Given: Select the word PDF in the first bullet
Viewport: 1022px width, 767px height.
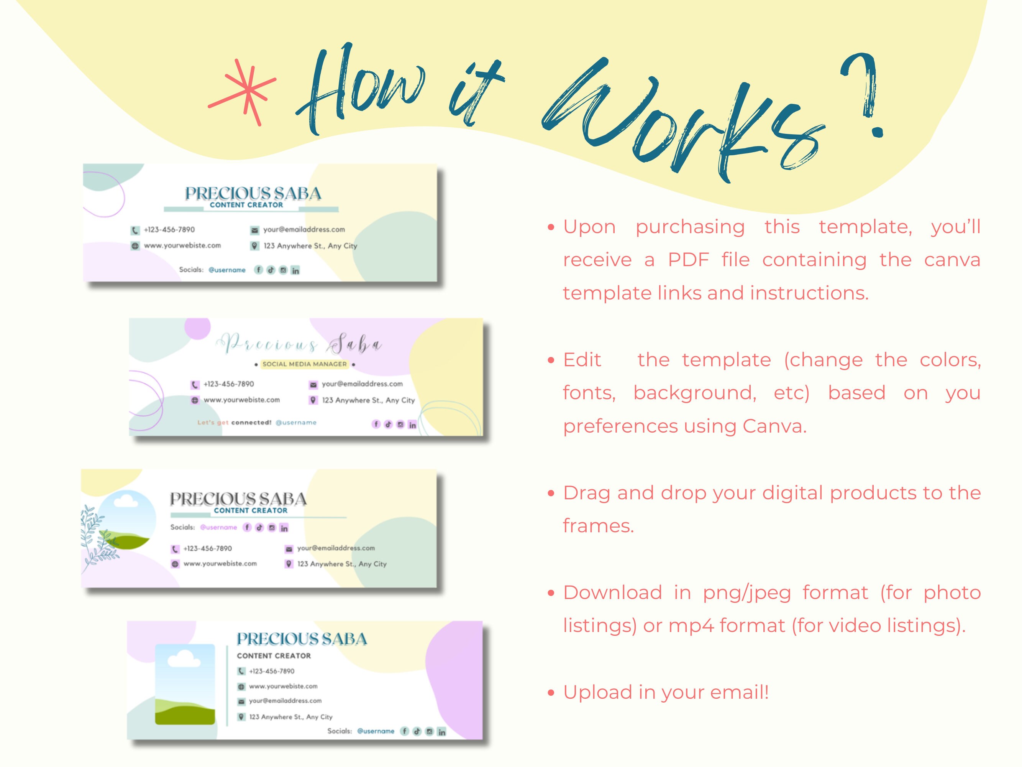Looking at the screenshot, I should [688, 260].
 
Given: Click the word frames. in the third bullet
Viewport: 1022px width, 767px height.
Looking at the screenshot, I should [598, 526].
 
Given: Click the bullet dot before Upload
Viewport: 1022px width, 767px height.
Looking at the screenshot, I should [550, 693].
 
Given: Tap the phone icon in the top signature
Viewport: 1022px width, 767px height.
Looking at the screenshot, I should [135, 230].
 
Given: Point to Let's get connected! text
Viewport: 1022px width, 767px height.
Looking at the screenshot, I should [234, 423].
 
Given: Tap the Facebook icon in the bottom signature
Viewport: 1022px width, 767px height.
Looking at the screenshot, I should [405, 731].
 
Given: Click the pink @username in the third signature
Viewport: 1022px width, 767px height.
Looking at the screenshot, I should [218, 528].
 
